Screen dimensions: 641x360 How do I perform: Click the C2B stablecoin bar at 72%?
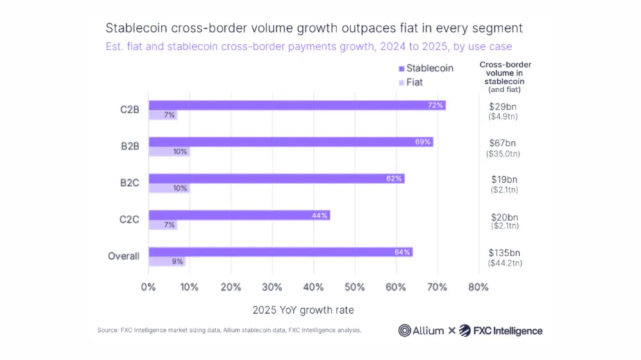pyautogui.click(x=297, y=105)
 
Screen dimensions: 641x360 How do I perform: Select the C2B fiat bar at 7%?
pyautogui.click(x=163, y=115)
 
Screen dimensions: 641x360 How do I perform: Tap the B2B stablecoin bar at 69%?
pyautogui.click(x=291, y=142)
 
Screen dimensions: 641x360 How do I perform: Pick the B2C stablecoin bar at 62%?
pyautogui.click(x=277, y=179)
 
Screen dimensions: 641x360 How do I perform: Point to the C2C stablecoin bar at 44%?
pyautogui.click(x=240, y=215)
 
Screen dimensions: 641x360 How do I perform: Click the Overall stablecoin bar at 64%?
pyautogui.click(x=281, y=252)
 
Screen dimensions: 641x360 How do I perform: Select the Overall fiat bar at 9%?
pyautogui.click(x=167, y=261)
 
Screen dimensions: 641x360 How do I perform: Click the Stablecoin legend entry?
pyautogui.click(x=426, y=69)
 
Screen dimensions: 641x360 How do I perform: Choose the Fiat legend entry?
pyautogui.click(x=411, y=83)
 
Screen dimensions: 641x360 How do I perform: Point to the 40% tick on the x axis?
pyautogui.click(x=313, y=287)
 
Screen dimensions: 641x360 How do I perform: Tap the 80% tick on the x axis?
pyautogui.click(x=478, y=287)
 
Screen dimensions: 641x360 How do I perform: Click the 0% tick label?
pyautogui.click(x=149, y=287)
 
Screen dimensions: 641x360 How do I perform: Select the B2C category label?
pyautogui.click(x=129, y=183)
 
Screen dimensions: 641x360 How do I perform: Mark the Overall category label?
pyautogui.click(x=124, y=256)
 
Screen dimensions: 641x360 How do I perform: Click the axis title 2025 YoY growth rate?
pyautogui.click(x=303, y=310)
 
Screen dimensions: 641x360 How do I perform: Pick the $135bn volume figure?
pyautogui.click(x=504, y=253)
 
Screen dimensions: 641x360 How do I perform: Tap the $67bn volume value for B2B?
pyautogui.click(x=503, y=143)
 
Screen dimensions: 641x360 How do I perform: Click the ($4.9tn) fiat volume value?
pyautogui.click(x=503, y=117)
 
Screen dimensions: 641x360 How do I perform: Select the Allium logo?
pyautogui.click(x=421, y=331)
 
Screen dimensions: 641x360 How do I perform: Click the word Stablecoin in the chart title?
pyautogui.click(x=137, y=28)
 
